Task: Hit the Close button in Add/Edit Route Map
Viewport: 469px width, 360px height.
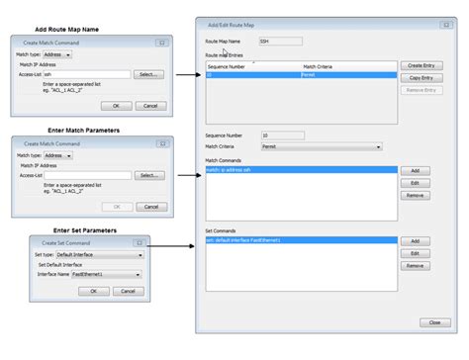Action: [x=434, y=322]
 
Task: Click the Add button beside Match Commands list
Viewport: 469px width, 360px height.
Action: [x=416, y=170]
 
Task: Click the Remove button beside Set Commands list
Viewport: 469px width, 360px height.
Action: [x=416, y=265]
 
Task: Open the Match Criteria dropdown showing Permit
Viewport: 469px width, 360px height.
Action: [x=321, y=147]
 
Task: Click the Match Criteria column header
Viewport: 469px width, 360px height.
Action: [x=346, y=66]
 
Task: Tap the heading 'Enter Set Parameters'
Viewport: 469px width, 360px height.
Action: [x=85, y=229]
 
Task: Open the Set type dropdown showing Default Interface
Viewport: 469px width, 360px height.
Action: [x=99, y=254]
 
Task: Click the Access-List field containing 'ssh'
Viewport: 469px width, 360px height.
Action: [x=87, y=74]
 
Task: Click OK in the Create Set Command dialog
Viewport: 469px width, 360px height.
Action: [x=94, y=291]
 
